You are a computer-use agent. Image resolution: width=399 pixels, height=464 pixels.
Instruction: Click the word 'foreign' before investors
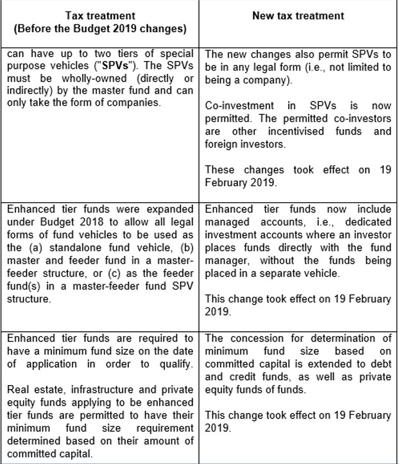point(225,144)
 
